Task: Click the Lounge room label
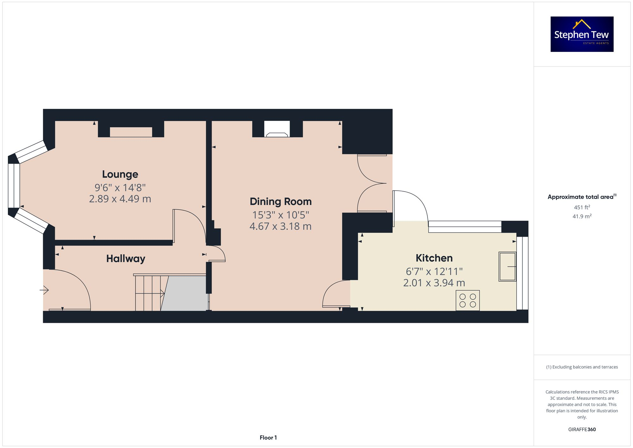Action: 120,174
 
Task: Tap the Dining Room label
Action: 280,201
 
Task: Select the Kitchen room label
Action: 434,258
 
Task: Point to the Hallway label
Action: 126,259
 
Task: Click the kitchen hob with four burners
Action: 467,300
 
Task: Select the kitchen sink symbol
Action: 507,266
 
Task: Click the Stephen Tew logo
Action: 582,34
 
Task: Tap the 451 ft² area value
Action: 582,207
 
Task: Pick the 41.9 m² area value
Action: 582,216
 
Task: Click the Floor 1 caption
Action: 268,438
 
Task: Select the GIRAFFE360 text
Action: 582,429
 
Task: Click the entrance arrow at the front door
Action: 44,290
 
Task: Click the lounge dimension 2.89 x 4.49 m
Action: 120,199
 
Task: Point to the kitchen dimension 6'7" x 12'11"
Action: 434,271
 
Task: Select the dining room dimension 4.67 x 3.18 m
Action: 280,226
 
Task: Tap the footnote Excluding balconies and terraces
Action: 582,367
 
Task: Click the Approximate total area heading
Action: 582,197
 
